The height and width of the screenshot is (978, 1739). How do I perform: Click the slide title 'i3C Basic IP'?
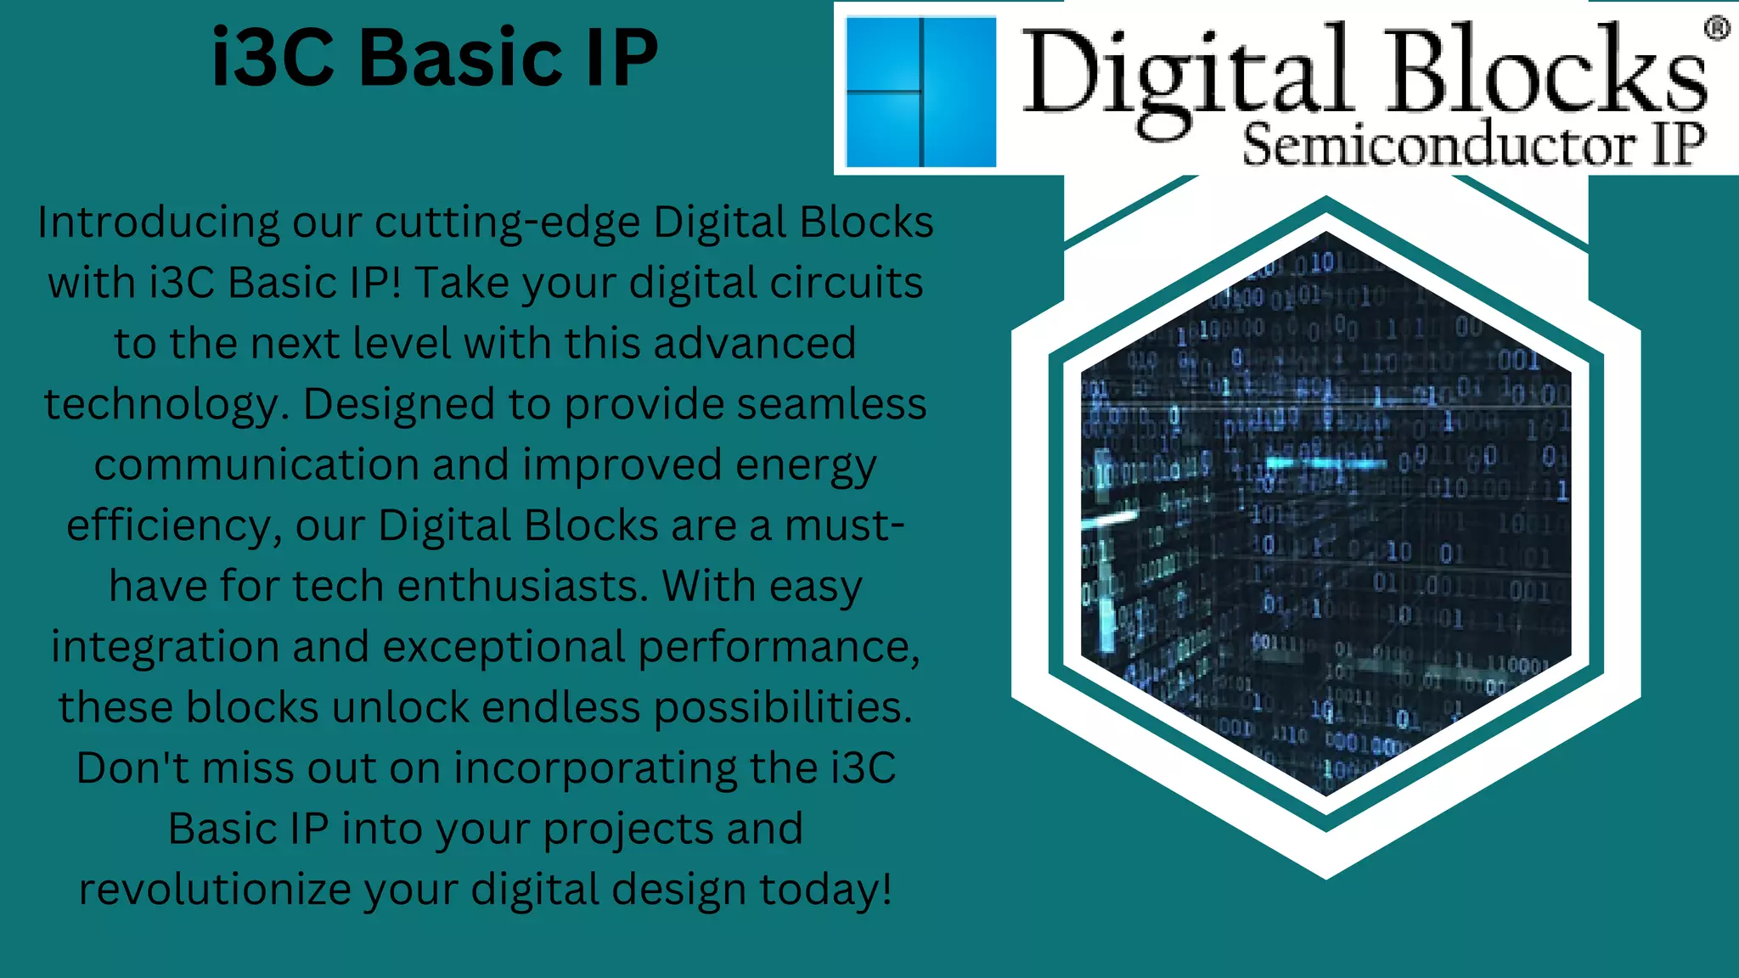coord(434,58)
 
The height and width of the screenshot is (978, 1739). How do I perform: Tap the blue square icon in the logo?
coord(921,92)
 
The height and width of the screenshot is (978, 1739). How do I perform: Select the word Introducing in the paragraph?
coord(158,222)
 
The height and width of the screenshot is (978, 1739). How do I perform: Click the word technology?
coord(160,406)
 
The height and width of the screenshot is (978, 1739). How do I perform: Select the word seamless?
coord(831,404)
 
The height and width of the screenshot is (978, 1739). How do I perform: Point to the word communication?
coord(256,465)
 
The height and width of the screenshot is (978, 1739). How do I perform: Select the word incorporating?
coord(594,768)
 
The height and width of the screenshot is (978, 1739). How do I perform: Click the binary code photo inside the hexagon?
coord(1325,514)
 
